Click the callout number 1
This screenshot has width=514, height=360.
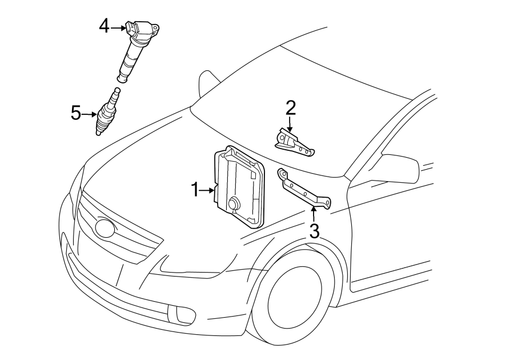pyautogui.click(x=195, y=190)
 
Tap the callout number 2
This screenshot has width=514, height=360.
pyautogui.click(x=291, y=108)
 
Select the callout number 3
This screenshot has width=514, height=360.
pyautogui.click(x=314, y=231)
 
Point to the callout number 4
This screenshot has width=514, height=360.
pyautogui.click(x=105, y=26)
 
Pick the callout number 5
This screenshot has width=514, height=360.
pyautogui.click(x=76, y=114)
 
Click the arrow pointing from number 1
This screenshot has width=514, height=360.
pyautogui.click(x=207, y=190)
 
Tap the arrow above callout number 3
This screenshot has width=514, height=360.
pyautogui.click(x=314, y=214)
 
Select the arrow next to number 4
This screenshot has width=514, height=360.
pyautogui.click(x=118, y=28)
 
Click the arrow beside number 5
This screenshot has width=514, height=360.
pyautogui.click(x=89, y=114)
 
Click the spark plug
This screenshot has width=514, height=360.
pyautogui.click(x=107, y=111)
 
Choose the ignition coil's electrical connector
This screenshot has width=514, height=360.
pyautogui.click(x=130, y=27)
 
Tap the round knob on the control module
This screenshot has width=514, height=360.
pyautogui.click(x=234, y=203)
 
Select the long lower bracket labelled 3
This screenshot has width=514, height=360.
pyautogui.click(x=304, y=190)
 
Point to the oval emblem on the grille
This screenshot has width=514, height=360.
pyautogui.click(x=105, y=227)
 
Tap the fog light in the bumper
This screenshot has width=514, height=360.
pyautogui.click(x=179, y=314)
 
